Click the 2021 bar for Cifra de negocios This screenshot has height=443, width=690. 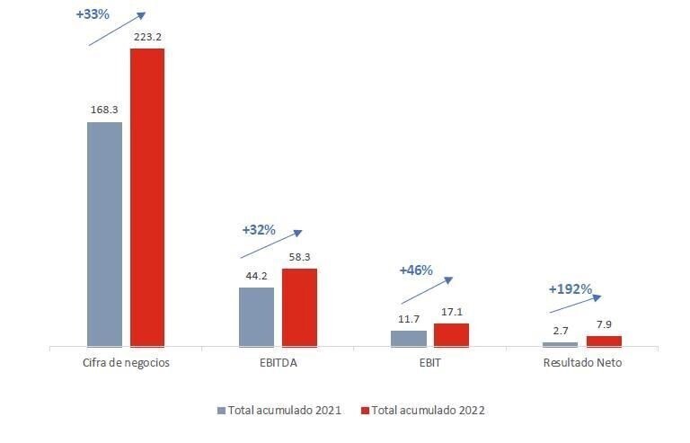tap(104, 234)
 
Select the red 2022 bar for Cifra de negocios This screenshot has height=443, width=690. tap(147, 197)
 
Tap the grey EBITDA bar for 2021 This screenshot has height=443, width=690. tap(256, 316)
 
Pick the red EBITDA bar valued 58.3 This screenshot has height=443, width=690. tap(299, 306)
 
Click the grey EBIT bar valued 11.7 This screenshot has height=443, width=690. tap(409, 338)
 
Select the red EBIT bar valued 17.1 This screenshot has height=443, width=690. tap(451, 334)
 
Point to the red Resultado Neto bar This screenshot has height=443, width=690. tap(604, 341)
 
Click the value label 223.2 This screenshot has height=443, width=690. tap(146, 37)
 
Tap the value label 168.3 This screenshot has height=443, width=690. tap(104, 110)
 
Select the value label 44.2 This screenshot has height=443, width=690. tap(256, 276)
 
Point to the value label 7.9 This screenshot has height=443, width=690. tap(603, 324)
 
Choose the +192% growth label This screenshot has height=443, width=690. tap(570, 289)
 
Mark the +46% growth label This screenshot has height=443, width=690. tap(416, 270)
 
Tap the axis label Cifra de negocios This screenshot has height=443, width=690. tap(125, 363)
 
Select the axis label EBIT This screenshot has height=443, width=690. tap(429, 363)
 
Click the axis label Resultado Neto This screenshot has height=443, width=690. tap(582, 363)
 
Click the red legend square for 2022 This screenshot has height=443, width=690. tap(365, 411)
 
